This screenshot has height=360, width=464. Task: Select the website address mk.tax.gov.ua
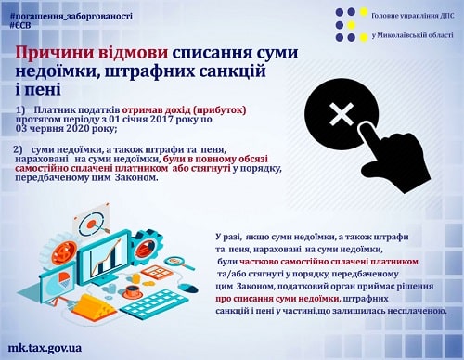[x=45, y=348]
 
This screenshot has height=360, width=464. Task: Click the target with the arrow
[x=92, y=223]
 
